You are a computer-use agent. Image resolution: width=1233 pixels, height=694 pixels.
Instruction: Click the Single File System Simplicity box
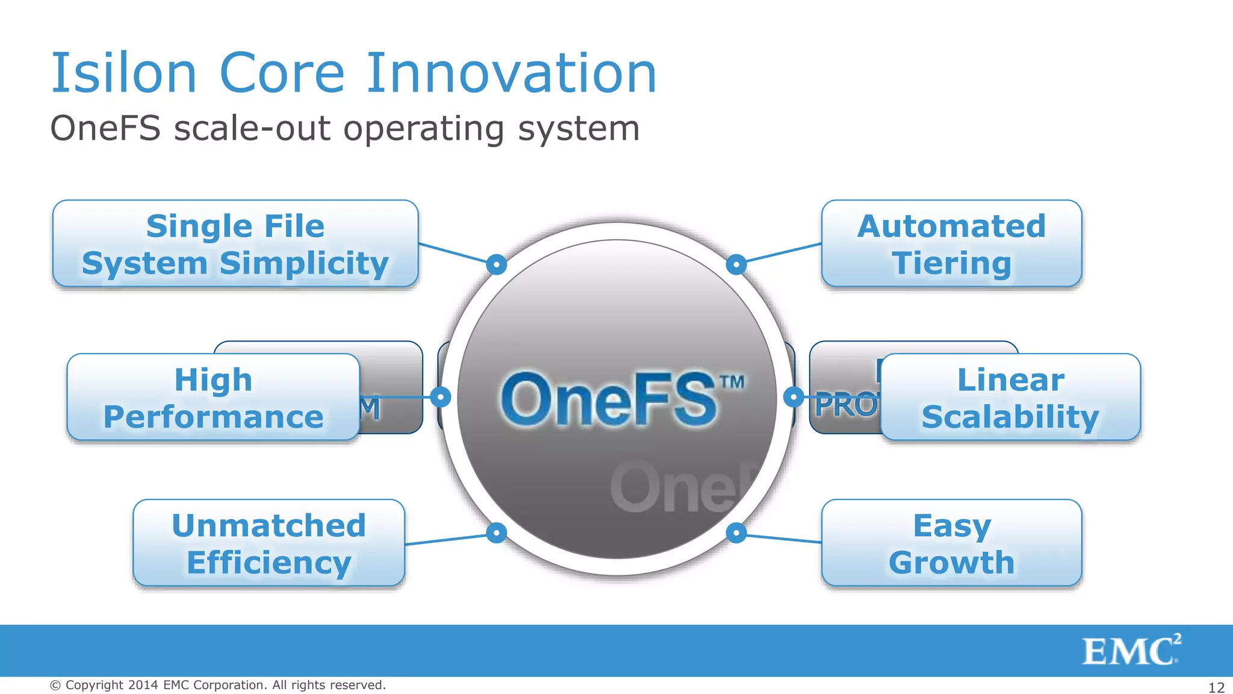tap(235, 244)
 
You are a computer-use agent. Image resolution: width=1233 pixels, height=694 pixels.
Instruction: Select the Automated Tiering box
tap(951, 244)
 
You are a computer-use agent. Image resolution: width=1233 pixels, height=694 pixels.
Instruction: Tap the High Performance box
tap(213, 398)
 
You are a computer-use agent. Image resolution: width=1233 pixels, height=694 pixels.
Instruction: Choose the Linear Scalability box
tap(1010, 398)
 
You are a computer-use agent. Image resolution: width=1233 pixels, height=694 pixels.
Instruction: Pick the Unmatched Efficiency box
tap(269, 543)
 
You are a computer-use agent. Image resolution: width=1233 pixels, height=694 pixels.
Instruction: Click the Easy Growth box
tap(951, 543)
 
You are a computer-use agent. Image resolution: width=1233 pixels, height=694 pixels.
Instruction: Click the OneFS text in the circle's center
tap(608, 399)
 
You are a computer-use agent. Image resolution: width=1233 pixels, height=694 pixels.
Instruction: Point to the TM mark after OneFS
tap(732, 382)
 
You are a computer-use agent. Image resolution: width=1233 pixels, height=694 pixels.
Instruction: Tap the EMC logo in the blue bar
tap(1131, 651)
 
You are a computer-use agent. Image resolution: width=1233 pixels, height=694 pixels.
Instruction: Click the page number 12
tap(1216, 687)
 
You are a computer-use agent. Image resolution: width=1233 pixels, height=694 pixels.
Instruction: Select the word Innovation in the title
tap(511, 73)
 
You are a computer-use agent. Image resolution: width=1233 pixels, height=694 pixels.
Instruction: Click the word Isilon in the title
tap(124, 73)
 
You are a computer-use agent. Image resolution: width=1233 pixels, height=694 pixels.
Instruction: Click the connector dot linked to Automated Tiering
tap(736, 264)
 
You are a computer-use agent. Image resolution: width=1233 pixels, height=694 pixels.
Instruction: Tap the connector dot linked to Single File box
tap(497, 264)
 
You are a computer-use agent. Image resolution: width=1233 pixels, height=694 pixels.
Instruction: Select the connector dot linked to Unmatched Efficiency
tap(497, 533)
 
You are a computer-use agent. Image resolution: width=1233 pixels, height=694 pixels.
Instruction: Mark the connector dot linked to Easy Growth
tap(736, 533)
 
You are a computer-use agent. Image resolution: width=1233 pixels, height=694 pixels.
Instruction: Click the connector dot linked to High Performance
tap(441, 396)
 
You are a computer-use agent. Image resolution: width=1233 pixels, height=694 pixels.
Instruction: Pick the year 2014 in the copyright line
tap(143, 685)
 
